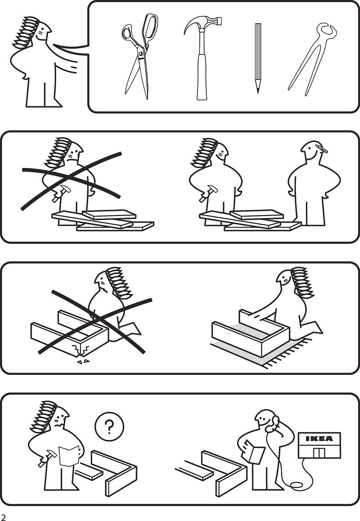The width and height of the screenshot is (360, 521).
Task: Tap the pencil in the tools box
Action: point(258,57)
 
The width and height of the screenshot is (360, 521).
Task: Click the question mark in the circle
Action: point(110,425)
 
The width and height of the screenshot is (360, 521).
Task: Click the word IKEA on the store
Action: point(319,438)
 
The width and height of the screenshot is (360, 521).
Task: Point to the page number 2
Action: point(4,517)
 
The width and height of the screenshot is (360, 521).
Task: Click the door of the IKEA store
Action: point(319,452)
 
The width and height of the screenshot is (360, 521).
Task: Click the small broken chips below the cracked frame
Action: point(82,361)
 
